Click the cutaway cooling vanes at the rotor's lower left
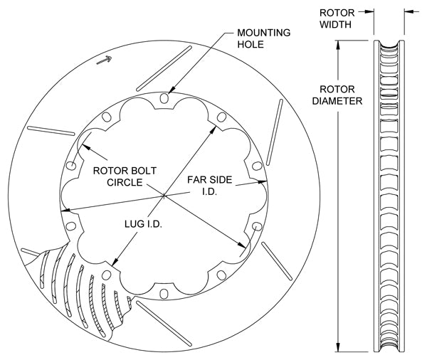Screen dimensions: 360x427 82,285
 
